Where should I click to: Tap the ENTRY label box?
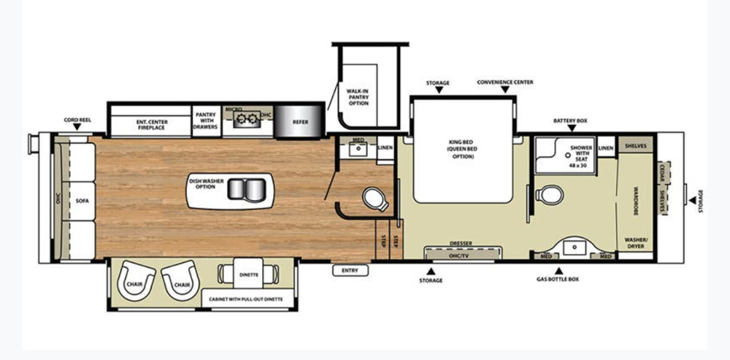click(x=350, y=271)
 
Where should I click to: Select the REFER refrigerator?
click(x=300, y=123)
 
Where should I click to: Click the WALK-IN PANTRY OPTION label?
click(x=358, y=97)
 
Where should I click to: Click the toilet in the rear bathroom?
click(x=550, y=195)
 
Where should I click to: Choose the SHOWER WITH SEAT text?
click(x=581, y=152)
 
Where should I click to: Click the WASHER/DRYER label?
click(x=636, y=242)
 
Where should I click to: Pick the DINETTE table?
click(x=249, y=275)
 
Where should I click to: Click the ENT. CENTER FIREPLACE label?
click(x=150, y=123)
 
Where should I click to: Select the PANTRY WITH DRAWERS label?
click(x=206, y=120)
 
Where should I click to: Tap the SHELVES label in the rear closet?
click(x=636, y=145)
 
